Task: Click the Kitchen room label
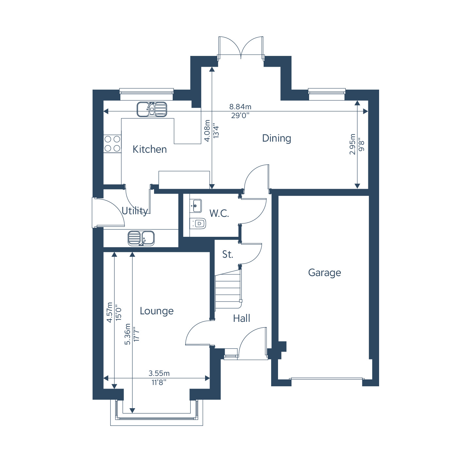click(149, 149)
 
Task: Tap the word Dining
click(276, 139)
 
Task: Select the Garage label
click(324, 273)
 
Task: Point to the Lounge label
click(157, 311)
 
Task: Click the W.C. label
click(219, 213)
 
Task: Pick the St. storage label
click(228, 254)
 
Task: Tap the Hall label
click(241, 318)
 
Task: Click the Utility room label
click(135, 211)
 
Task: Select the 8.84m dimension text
click(240, 107)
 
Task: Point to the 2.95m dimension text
click(352, 144)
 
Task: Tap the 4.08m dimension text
click(207, 131)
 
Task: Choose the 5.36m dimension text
click(127, 334)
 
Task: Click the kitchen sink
click(152, 110)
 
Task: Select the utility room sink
click(141, 238)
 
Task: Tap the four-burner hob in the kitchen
click(112, 144)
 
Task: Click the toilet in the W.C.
click(198, 223)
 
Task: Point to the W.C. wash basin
click(196, 206)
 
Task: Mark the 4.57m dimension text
click(110, 313)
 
